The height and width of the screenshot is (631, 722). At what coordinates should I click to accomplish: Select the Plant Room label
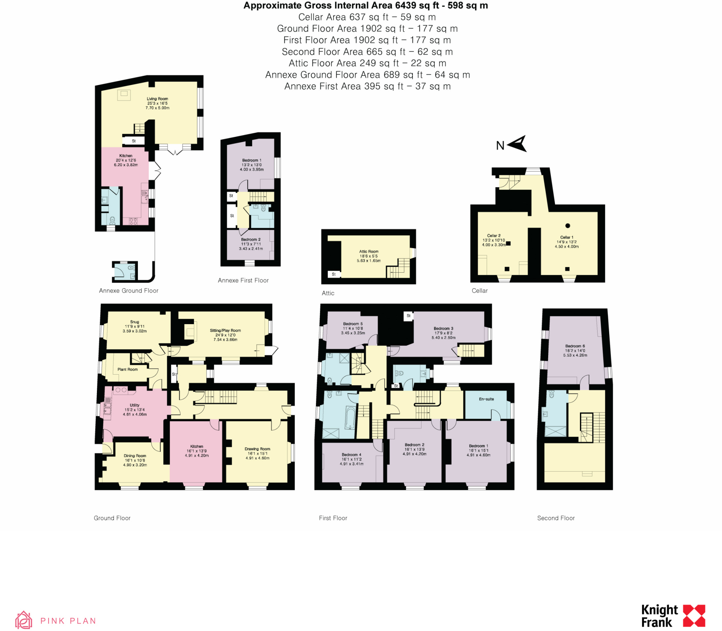point(128,369)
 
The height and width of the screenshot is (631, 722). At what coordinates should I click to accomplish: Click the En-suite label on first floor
point(486,399)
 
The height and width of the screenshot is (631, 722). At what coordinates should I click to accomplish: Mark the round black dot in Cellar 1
point(568,226)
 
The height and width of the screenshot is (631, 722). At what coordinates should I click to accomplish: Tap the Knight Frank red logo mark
point(694,616)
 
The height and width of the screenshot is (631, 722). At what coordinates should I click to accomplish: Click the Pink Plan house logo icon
point(24,620)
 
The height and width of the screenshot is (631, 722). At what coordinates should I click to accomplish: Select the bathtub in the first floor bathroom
point(350,418)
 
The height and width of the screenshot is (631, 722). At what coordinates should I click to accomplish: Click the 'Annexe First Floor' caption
point(243,280)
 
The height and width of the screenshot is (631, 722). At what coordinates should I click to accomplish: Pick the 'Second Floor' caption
point(556,518)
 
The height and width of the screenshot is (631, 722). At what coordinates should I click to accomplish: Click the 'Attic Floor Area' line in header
point(367,63)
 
